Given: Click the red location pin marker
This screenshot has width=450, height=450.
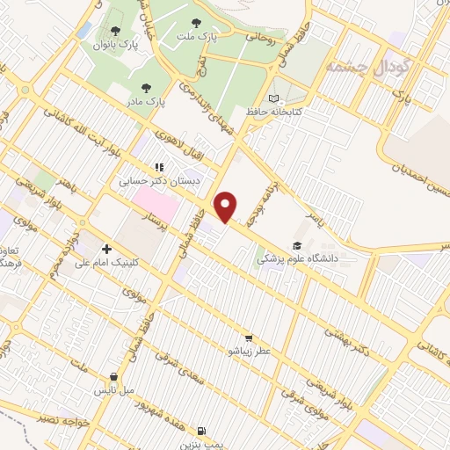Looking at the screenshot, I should click(227, 206).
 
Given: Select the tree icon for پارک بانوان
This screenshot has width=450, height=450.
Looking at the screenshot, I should click(115, 31).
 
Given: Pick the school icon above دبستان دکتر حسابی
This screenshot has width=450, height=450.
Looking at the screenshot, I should click(159, 165).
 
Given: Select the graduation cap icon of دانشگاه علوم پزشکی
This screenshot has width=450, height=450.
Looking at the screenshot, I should click(299, 246).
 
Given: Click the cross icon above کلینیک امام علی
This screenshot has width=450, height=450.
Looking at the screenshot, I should click(107, 248).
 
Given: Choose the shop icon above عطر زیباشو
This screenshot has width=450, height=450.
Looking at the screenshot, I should click(249, 337).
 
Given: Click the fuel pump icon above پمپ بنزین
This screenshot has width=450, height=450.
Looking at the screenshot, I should click(203, 431).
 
